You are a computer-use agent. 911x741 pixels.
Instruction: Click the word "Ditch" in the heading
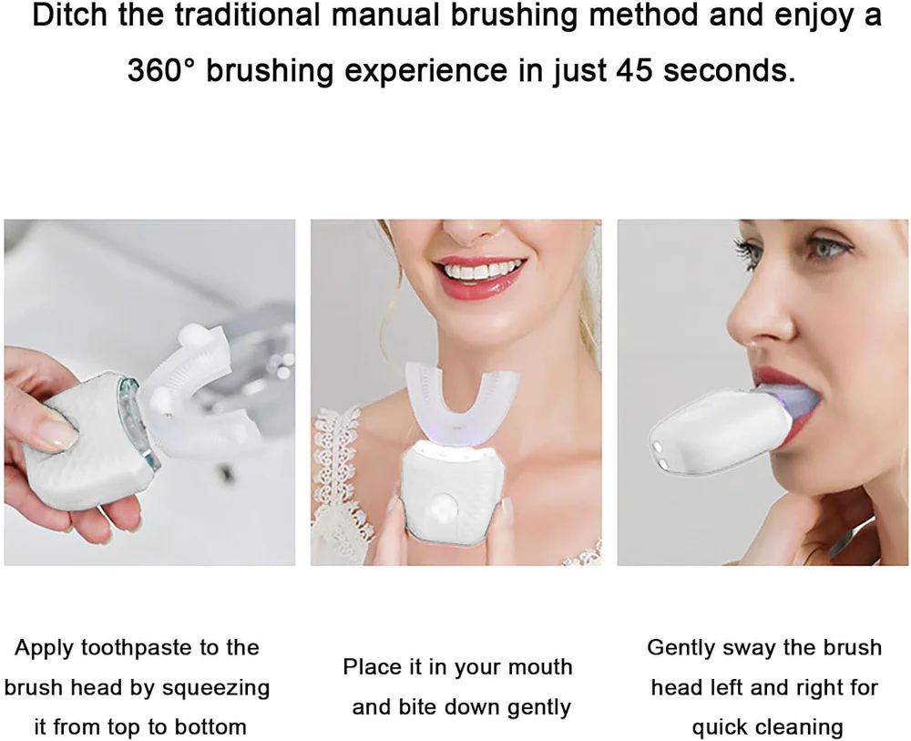70,15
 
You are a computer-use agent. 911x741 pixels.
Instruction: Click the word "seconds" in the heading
729,70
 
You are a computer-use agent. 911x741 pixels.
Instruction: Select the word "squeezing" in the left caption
216,689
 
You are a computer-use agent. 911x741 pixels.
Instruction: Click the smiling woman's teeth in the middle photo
477,270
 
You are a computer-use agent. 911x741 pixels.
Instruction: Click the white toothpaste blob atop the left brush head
190,335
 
